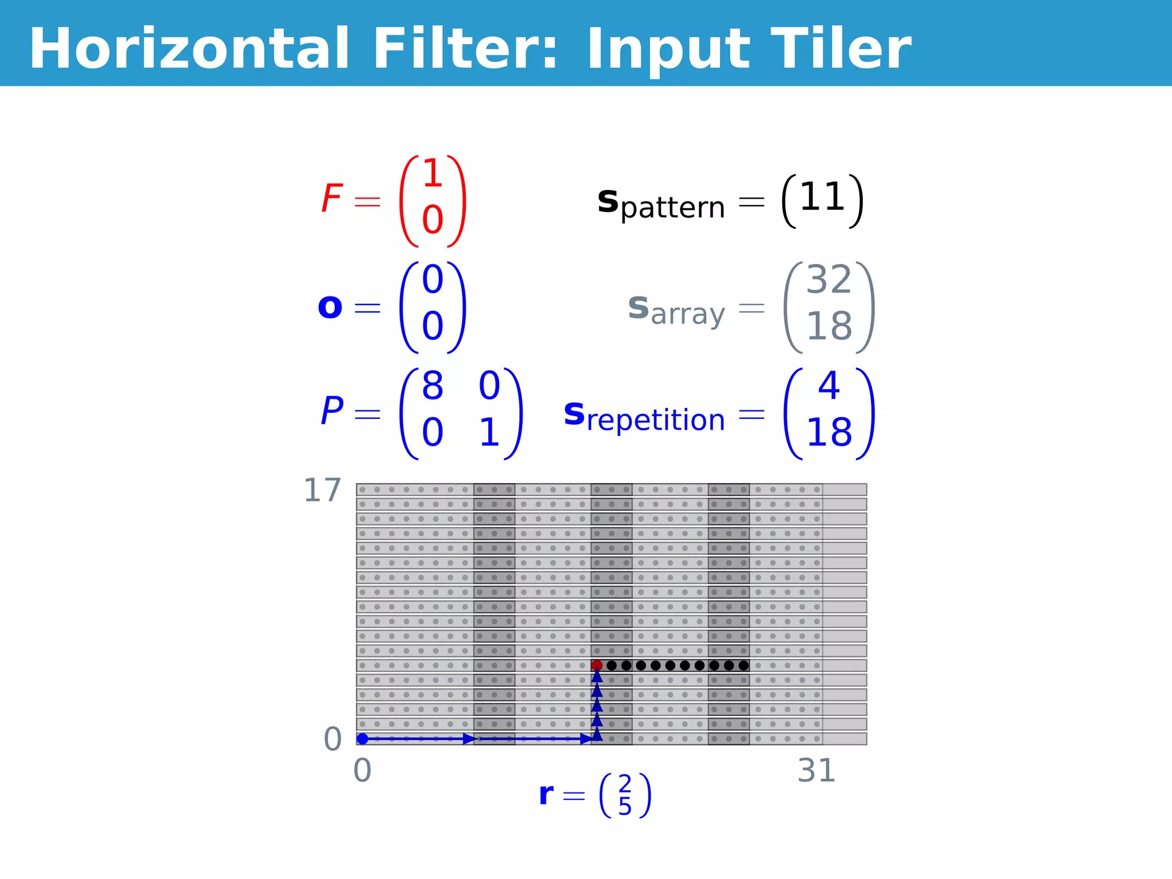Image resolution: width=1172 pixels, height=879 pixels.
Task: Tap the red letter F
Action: [x=332, y=198]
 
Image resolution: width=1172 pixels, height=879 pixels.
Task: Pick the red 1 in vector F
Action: [x=433, y=173]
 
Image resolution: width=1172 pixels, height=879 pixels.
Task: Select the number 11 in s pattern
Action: [x=822, y=197]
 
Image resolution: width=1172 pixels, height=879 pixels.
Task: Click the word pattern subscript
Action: [x=672, y=207]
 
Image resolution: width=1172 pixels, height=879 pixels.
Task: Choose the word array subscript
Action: [x=688, y=314]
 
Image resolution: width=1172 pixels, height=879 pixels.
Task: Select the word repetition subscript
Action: [x=656, y=420]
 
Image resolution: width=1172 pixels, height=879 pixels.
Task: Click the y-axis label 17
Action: [x=322, y=490]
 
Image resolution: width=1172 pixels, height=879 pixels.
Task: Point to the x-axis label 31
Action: [x=817, y=770]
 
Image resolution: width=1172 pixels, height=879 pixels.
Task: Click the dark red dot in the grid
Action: [x=597, y=665]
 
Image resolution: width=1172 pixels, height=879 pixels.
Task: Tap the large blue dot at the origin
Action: [x=362, y=739]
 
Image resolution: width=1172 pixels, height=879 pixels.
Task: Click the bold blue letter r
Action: [x=547, y=794]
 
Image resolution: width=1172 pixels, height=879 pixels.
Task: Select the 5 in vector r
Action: [x=625, y=807]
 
